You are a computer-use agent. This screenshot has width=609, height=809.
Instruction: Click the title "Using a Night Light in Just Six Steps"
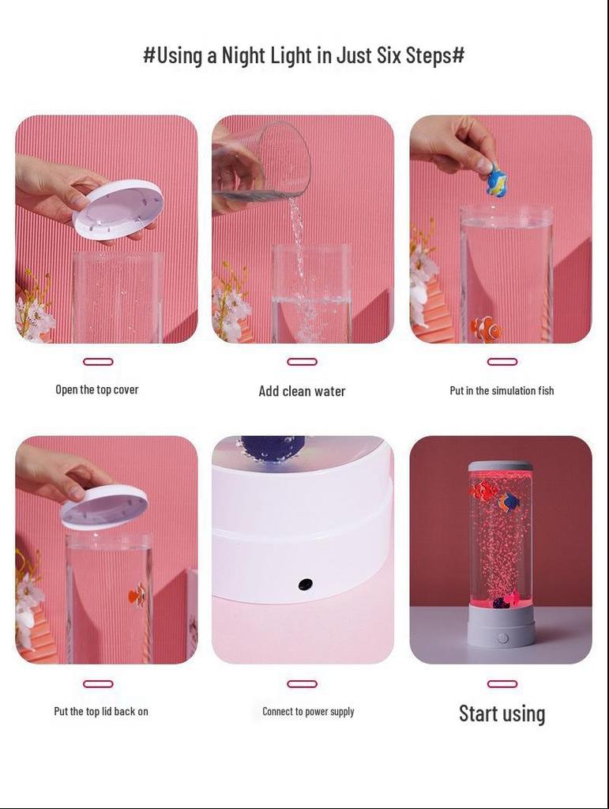[x=303, y=55]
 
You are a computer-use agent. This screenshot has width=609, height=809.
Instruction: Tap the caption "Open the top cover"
[x=96, y=389]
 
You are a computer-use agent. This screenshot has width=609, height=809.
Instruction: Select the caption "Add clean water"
[x=302, y=391]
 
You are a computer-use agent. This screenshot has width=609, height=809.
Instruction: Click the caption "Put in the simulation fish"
[x=502, y=390]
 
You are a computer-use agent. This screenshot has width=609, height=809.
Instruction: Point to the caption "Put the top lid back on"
[x=101, y=711]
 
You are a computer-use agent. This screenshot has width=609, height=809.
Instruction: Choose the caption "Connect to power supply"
[x=308, y=711]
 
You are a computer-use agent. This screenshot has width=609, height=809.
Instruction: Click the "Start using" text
[x=502, y=713]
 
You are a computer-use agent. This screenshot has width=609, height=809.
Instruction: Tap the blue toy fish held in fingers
[x=497, y=180]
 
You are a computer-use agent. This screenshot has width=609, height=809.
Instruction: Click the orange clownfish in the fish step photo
[x=486, y=328]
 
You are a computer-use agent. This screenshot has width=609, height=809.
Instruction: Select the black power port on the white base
[x=305, y=585]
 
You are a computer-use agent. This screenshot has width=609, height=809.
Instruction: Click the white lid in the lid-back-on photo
[x=104, y=506]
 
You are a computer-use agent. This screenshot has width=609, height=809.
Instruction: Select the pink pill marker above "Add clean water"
[x=302, y=362]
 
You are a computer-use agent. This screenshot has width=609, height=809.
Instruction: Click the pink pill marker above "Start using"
[x=502, y=684]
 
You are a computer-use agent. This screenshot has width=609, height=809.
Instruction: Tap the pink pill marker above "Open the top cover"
[x=98, y=362]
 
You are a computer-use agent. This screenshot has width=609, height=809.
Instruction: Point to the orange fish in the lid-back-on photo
[x=137, y=595]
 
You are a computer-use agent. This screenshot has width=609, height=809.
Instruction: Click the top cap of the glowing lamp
[x=500, y=466]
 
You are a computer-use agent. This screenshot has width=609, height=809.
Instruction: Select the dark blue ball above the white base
[x=272, y=446]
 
